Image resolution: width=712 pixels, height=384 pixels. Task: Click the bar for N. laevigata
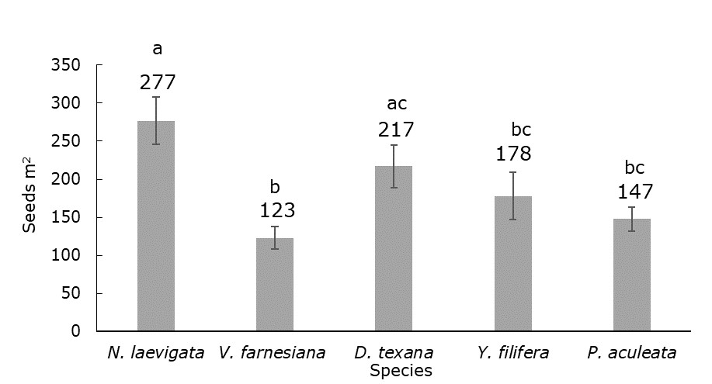[x=156, y=226]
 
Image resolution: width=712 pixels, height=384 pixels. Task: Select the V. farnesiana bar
[x=275, y=285]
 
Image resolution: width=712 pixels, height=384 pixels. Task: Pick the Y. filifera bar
[x=512, y=264]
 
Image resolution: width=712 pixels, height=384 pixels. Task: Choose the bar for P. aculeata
[x=631, y=275]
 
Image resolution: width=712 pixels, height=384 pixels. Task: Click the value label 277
[x=158, y=82]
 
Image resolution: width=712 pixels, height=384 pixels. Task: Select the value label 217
[x=395, y=129]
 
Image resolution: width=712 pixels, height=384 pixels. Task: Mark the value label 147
[x=634, y=192]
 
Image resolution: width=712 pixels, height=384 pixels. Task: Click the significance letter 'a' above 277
[x=158, y=50]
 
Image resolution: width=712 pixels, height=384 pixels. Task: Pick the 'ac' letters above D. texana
[x=397, y=103]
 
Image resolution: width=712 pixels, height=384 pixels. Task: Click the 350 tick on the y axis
[x=65, y=65]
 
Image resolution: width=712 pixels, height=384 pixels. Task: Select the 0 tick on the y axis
[x=76, y=331]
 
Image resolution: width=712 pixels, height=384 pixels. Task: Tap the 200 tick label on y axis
[x=65, y=179]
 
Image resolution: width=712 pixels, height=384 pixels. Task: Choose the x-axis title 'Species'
[x=401, y=371]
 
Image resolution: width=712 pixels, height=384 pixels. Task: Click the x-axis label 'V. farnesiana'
[x=272, y=353]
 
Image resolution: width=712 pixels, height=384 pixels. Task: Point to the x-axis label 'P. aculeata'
[x=631, y=353]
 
